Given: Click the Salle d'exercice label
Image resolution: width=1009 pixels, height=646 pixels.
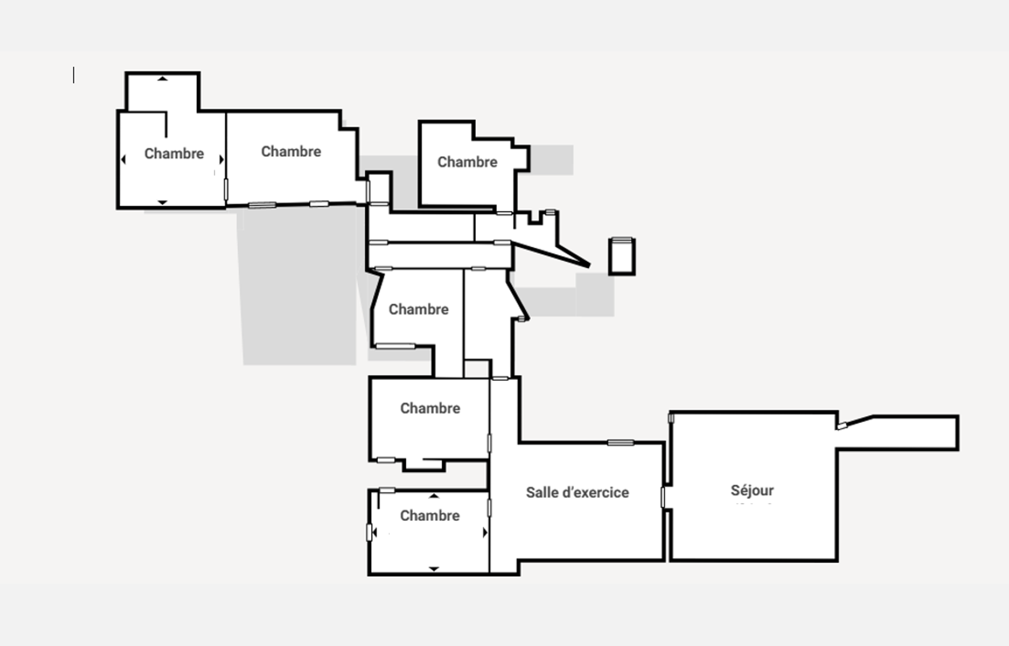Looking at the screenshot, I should click(x=577, y=492).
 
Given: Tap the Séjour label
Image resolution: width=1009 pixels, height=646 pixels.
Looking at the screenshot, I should click(x=752, y=490).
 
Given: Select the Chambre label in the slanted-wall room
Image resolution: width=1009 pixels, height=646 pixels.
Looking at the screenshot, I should click(x=418, y=309).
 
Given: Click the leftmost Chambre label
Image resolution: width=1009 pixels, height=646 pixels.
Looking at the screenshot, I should click(x=174, y=153).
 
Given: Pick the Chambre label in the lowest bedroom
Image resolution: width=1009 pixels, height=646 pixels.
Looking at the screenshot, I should click(x=430, y=515).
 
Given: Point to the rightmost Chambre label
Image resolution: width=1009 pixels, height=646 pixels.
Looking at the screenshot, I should click(x=467, y=161).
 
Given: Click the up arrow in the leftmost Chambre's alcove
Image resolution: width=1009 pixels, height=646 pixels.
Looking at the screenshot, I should click(x=162, y=79).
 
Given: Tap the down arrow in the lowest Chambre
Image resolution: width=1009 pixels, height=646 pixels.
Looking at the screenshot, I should click(x=433, y=569).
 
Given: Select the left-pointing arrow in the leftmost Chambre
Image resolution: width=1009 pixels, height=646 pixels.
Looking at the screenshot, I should click(x=123, y=159).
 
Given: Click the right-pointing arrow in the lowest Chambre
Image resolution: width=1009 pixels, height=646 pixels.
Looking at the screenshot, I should click(x=485, y=533).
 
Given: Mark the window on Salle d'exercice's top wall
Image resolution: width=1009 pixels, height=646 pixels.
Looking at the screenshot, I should click(x=620, y=443).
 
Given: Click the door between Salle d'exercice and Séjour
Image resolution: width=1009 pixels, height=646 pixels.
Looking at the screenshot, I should click(x=663, y=497).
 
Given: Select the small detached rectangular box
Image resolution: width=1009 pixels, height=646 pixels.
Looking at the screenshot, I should click(x=622, y=256).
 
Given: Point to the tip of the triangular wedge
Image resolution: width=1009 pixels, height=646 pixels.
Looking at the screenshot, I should click(x=589, y=265).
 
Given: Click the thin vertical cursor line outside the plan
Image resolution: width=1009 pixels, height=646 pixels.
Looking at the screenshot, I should click(x=74, y=75).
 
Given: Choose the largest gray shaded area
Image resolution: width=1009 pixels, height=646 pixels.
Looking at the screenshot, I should click(x=298, y=287).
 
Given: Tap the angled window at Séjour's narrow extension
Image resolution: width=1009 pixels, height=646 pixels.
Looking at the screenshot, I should click(x=842, y=426).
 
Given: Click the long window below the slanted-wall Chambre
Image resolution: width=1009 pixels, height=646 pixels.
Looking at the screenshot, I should click(x=395, y=346).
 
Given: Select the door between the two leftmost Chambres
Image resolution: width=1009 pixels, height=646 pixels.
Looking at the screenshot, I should click(x=226, y=189).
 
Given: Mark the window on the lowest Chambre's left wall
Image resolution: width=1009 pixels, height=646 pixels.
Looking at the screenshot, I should click(x=369, y=533).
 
